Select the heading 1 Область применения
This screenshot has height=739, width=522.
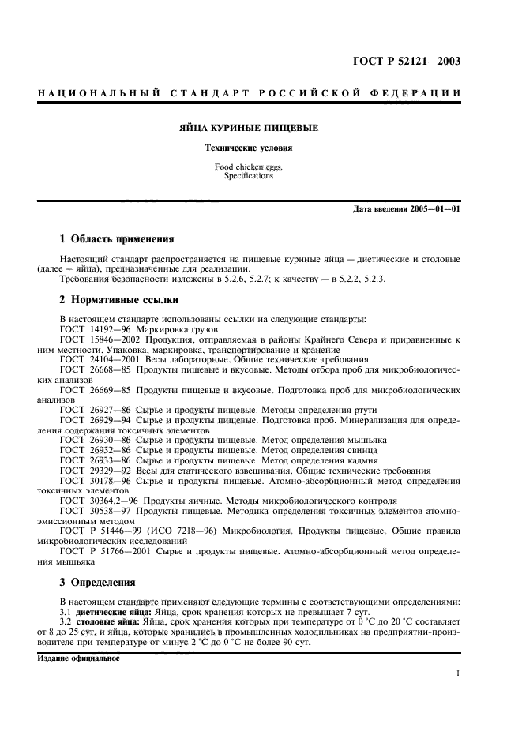(x=118, y=238)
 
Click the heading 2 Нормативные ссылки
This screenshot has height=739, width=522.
(x=119, y=299)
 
